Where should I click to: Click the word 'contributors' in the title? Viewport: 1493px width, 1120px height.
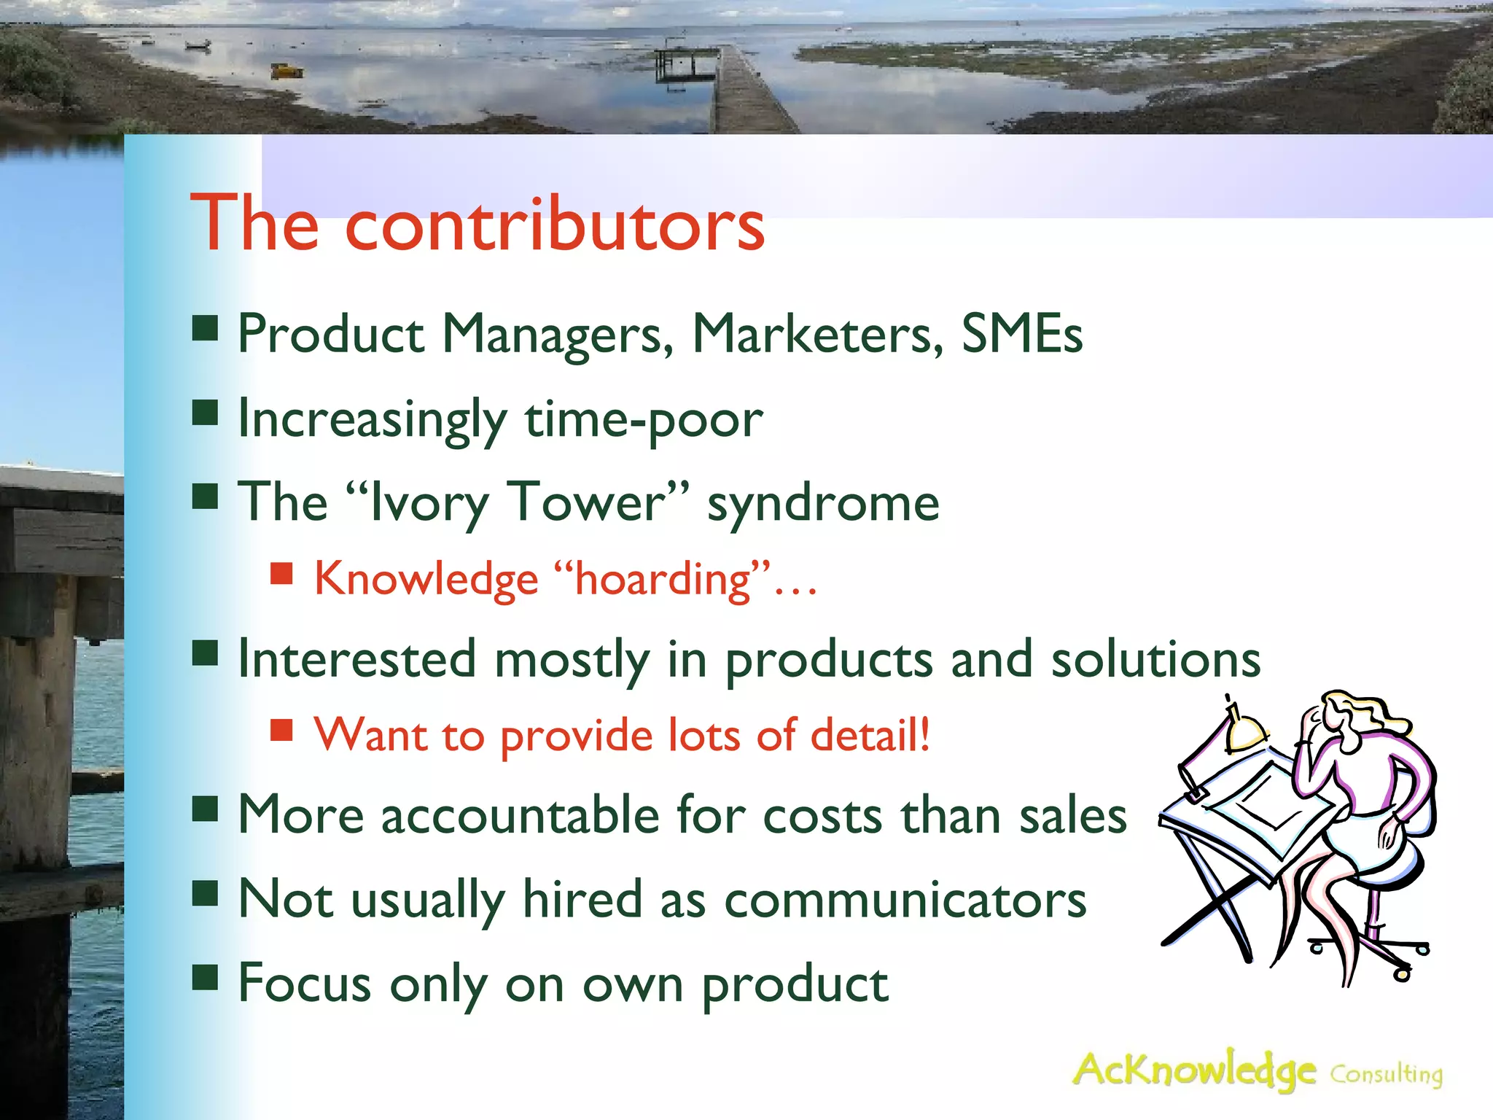(x=554, y=225)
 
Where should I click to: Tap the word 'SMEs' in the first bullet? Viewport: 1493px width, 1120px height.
(x=1022, y=334)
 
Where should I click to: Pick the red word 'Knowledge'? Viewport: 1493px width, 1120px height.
(x=426, y=580)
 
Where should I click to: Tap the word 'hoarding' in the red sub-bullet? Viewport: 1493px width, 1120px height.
(x=662, y=580)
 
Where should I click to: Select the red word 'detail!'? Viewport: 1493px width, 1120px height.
(x=870, y=734)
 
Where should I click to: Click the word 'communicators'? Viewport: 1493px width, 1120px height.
(x=905, y=900)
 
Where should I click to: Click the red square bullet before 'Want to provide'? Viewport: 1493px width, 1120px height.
(x=281, y=730)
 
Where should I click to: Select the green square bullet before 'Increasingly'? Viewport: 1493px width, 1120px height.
(x=206, y=413)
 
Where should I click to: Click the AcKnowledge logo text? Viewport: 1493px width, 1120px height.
(x=1194, y=1070)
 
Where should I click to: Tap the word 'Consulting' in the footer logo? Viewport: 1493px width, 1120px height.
(x=1386, y=1074)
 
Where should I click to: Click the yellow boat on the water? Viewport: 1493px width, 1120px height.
(x=286, y=71)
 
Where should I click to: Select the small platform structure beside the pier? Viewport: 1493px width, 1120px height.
(x=677, y=64)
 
